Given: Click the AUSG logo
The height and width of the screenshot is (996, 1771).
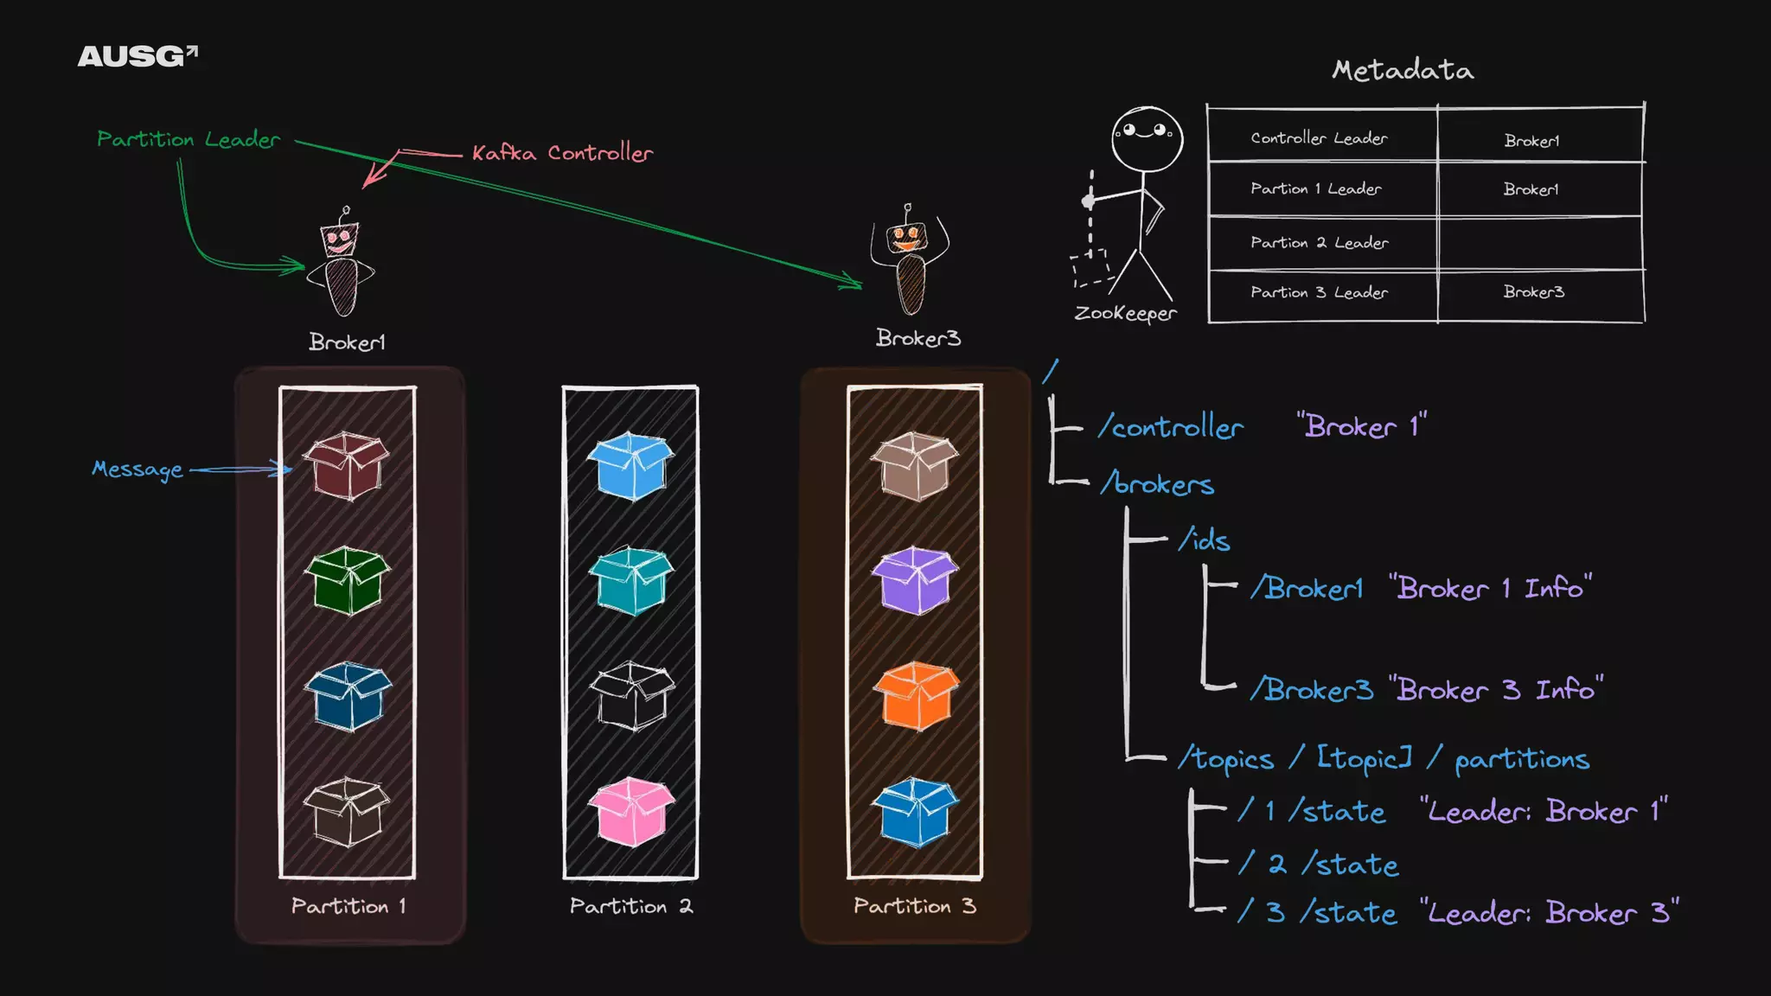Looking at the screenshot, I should click(x=137, y=56).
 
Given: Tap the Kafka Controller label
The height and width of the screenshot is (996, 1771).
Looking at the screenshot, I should click(x=562, y=153).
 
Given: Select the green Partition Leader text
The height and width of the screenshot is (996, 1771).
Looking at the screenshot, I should click(x=189, y=139).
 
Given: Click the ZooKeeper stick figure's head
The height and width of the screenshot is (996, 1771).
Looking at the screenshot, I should click(x=1147, y=138).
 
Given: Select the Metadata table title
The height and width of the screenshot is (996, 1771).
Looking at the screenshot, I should click(x=1403, y=70).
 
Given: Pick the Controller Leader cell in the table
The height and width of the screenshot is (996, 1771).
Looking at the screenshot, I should click(x=1319, y=138).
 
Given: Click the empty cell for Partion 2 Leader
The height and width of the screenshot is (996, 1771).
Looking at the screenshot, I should click(x=1539, y=243).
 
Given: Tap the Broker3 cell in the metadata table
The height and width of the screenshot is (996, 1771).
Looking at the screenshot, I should click(x=1533, y=292).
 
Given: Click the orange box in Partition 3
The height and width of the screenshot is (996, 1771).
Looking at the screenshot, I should click(x=915, y=695).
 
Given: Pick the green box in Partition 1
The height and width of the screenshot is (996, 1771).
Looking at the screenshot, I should click(x=348, y=579).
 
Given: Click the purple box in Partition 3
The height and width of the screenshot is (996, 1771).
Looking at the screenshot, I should click(x=915, y=579).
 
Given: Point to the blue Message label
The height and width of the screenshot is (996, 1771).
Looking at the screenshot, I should click(x=137, y=469).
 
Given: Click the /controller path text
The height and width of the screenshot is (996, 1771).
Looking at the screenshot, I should click(x=1171, y=427).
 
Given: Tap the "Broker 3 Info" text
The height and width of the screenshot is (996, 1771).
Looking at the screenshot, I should click(x=1496, y=690).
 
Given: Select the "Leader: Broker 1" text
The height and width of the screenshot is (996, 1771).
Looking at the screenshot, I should click(x=1544, y=811).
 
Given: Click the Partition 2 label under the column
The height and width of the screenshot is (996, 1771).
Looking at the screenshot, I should click(x=630, y=906).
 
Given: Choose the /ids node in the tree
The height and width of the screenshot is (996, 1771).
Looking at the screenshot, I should click(x=1205, y=540).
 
